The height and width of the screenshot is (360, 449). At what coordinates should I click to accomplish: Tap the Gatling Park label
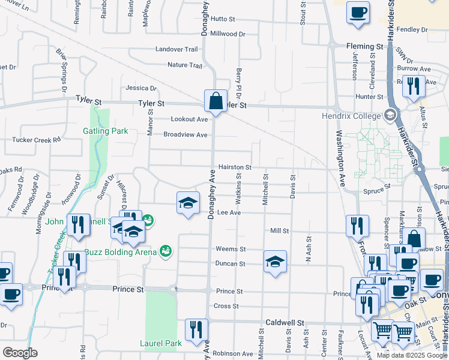(x=105, y=131)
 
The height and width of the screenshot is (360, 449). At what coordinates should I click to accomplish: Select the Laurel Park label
(x=161, y=344)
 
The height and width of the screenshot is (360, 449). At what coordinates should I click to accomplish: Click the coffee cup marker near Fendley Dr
(x=358, y=13)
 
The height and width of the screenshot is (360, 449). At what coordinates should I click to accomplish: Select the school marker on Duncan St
(x=275, y=262)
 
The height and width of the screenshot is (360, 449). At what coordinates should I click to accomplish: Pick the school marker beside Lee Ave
(x=188, y=203)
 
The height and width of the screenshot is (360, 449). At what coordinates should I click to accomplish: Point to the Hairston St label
(x=234, y=167)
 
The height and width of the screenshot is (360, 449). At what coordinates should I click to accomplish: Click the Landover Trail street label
(x=176, y=49)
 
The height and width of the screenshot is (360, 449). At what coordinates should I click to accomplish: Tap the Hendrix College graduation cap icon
(x=391, y=115)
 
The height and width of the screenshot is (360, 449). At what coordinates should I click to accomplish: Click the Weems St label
(x=231, y=249)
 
